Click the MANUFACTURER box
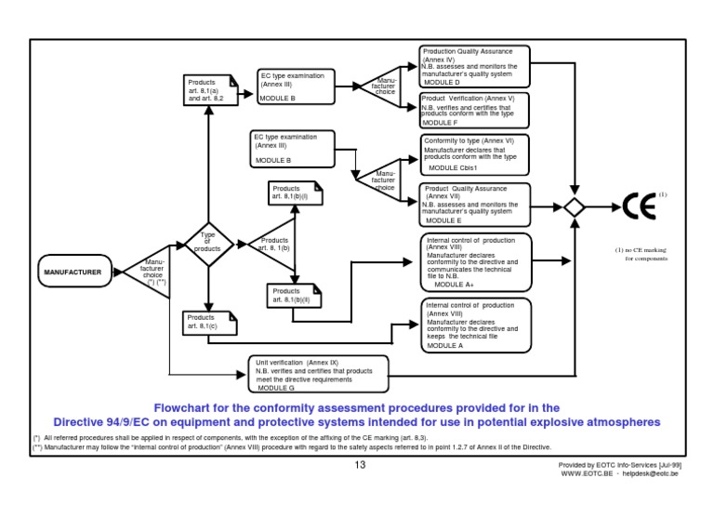click(75, 272)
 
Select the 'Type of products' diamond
click(208, 243)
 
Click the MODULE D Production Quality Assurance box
click(474, 67)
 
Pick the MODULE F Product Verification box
click(474, 110)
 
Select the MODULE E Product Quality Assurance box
click(474, 206)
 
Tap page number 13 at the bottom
click(360, 465)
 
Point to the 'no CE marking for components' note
click(639, 254)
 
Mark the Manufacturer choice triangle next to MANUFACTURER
click(150, 272)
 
